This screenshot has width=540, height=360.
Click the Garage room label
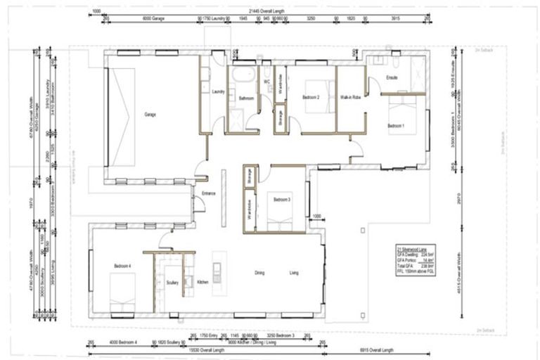[150, 115]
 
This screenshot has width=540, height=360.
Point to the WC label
[267, 82]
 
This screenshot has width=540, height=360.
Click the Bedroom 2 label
[311, 98]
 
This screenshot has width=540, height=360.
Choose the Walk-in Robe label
[350, 97]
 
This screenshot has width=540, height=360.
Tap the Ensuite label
[393, 77]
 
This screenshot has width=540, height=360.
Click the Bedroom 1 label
[397, 126]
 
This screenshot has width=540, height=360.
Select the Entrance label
[209, 193]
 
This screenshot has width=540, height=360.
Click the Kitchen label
[202, 281]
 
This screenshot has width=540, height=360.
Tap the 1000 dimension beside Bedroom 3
[316, 216]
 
